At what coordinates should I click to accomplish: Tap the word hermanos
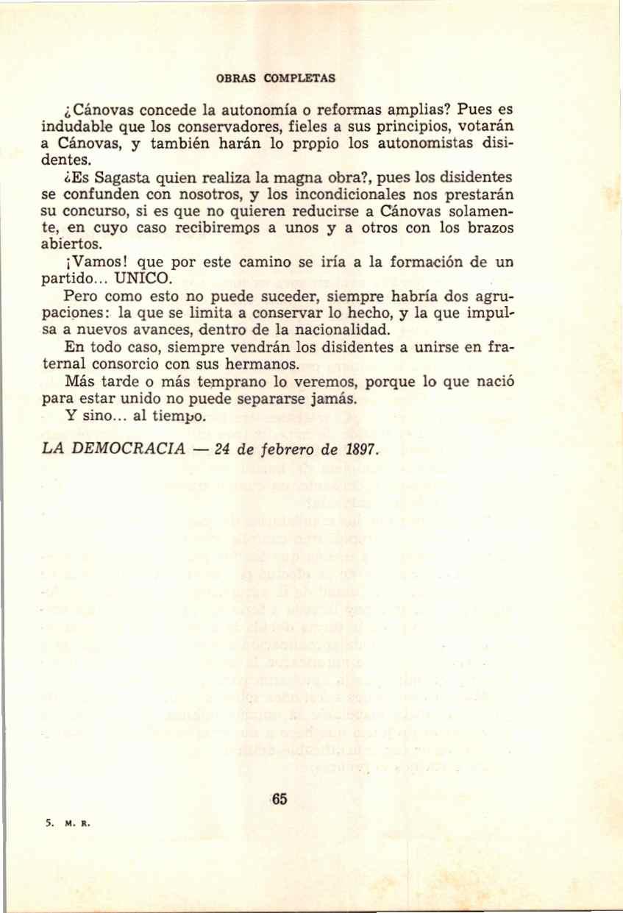click(x=263, y=363)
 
